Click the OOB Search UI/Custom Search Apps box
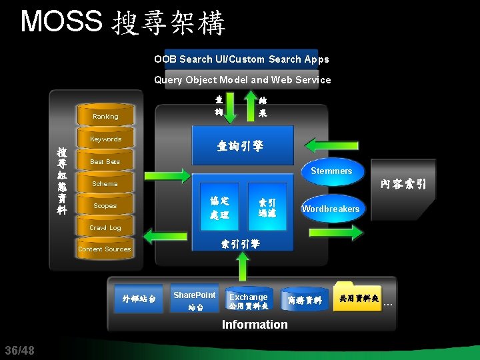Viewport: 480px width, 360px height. [x=241, y=59]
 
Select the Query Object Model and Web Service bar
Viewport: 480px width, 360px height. [x=242, y=80]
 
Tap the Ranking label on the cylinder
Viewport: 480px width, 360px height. [x=105, y=117]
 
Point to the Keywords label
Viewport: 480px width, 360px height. [x=105, y=139]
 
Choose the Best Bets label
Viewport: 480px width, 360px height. [x=105, y=162]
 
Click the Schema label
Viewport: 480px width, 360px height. [x=105, y=184]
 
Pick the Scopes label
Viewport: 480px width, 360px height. [x=105, y=206]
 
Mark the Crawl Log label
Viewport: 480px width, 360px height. [x=105, y=228]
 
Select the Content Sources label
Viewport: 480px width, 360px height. [x=105, y=249]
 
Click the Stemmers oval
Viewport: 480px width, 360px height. [x=331, y=171]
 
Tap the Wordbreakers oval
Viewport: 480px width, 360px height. [x=331, y=209]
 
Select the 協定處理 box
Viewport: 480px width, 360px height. [x=219, y=207]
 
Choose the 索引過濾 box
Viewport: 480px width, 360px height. [x=267, y=207]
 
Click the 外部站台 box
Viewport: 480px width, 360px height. [x=139, y=299]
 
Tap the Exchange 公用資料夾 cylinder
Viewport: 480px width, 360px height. [x=248, y=301]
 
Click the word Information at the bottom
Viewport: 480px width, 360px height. [x=255, y=325]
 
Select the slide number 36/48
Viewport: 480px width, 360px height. [x=19, y=351]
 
